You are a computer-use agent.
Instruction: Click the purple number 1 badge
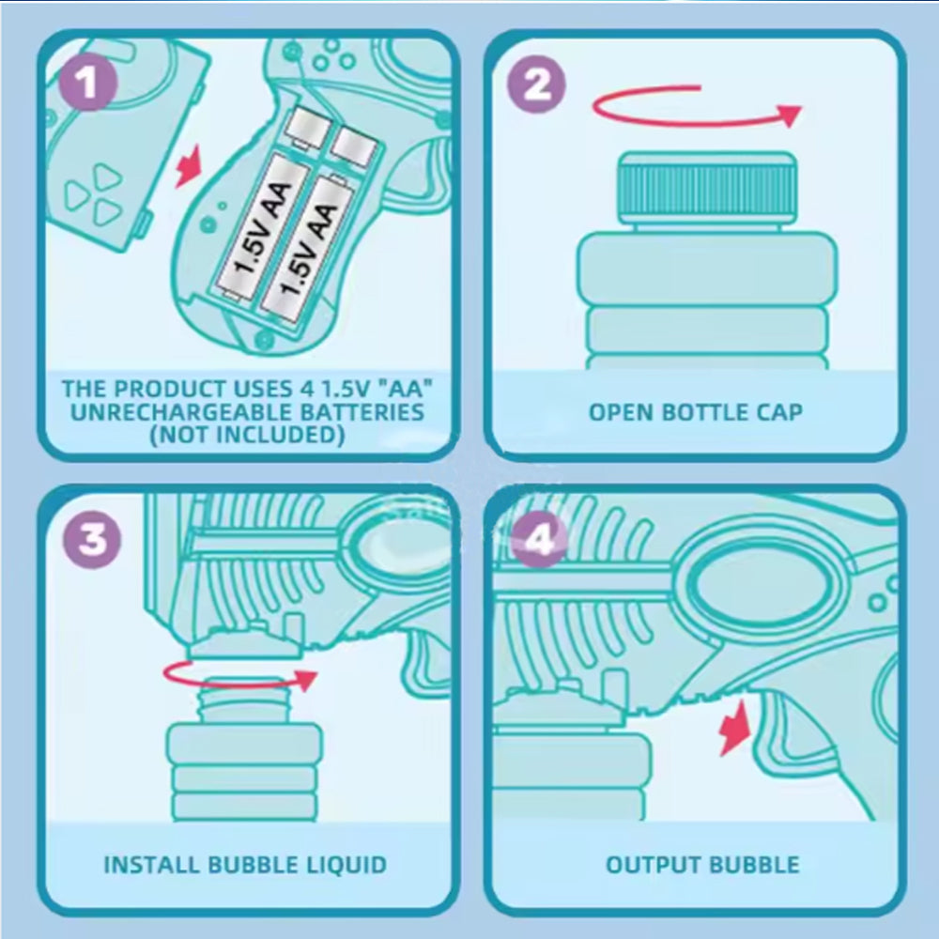87,83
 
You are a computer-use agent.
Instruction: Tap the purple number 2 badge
536,84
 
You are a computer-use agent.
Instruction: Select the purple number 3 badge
92,539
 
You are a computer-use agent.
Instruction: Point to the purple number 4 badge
540,539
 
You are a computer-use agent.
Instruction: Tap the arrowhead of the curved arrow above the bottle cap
790,115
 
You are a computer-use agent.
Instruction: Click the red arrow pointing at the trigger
735,728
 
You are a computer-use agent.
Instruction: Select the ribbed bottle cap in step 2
707,188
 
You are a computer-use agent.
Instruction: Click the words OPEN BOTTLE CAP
695,412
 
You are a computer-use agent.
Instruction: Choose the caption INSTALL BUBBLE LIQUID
245,865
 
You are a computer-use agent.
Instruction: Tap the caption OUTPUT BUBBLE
702,865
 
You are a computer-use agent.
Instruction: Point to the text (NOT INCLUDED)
247,435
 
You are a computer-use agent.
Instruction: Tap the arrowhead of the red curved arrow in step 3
306,681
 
